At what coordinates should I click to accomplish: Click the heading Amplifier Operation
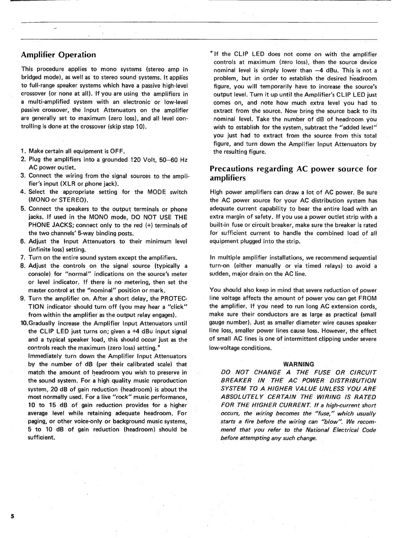[59, 55]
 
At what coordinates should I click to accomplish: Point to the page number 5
[13, 516]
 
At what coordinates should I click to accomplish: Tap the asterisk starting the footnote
[211, 53]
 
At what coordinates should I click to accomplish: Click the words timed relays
[322, 266]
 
